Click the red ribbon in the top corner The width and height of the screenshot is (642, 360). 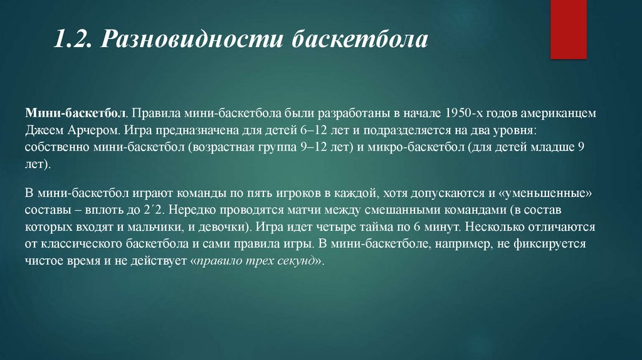point(568,29)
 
